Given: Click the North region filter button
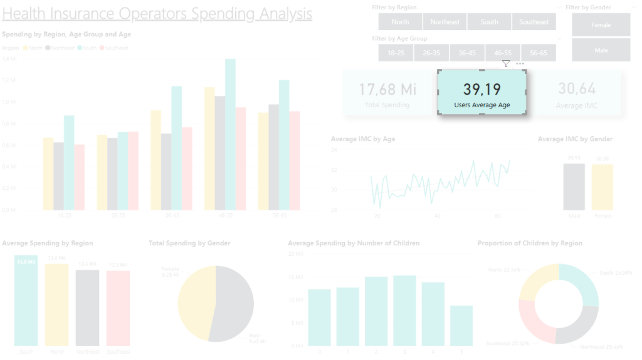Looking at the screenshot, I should tap(400, 22).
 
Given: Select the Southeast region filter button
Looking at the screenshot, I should tap(534, 22).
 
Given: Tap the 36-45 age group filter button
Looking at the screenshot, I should tap(466, 53).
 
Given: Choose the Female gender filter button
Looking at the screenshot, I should tap(601, 25).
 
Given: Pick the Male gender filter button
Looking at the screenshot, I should tap(601, 50).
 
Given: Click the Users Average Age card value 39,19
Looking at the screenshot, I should tap(481, 88).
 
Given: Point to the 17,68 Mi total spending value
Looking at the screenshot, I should tap(387, 89).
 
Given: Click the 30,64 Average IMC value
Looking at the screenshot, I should tap(577, 89).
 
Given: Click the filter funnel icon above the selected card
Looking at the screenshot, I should tap(506, 64).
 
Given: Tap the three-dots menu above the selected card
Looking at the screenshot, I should tap(520, 64).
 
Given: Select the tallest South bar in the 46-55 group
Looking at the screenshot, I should tap(230, 135).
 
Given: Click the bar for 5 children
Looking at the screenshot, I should tap(461, 326).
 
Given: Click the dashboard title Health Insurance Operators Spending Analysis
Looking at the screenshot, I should tap(157, 13).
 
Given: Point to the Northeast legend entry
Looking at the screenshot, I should tap(60, 48).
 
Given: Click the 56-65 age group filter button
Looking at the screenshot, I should tap(538, 53).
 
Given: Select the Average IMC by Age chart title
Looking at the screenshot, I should tap(363, 139).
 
